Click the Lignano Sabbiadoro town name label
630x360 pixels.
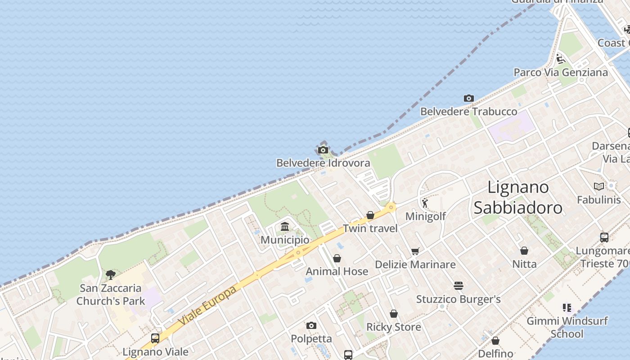click(518, 197)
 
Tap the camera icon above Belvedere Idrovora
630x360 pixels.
click(323, 150)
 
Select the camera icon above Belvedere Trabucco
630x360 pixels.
click(468, 98)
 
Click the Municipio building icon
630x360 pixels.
click(285, 227)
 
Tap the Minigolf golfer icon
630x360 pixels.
click(425, 203)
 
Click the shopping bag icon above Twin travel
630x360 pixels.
click(370, 215)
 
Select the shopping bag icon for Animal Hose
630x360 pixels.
click(337, 258)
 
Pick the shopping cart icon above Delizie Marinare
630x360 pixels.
click(415, 251)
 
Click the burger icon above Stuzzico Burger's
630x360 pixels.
click(458, 285)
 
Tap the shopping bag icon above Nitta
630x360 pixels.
click(524, 251)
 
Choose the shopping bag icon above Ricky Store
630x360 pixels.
click(394, 314)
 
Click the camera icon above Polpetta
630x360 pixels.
click(311, 325)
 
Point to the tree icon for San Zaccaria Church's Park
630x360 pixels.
click(110, 274)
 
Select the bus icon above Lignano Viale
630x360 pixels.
click(155, 338)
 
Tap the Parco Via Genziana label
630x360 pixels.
click(560, 72)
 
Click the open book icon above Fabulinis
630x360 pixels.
click(598, 186)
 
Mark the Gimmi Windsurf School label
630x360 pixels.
click(567, 327)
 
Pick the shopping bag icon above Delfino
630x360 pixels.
click(495, 341)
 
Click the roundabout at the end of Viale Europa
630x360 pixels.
click(391, 207)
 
